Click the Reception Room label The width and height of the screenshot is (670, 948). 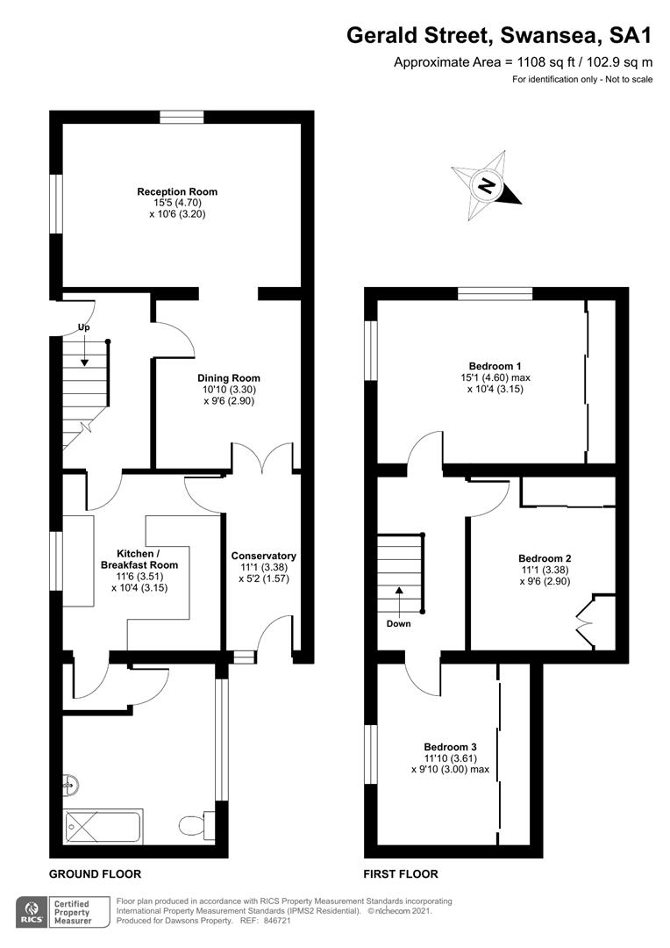pyautogui.click(x=177, y=191)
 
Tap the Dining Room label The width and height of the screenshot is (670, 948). pyautogui.click(x=228, y=378)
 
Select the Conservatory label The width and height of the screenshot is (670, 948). pyautogui.click(x=263, y=556)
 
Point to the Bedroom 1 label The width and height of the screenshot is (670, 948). pyautogui.click(x=495, y=366)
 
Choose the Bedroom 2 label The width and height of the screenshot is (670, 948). pyautogui.click(x=545, y=558)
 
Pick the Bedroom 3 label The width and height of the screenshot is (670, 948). pyautogui.click(x=450, y=747)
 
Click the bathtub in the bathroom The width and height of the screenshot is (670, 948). pyautogui.click(x=103, y=826)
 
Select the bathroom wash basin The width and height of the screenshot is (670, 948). pyautogui.click(x=70, y=784)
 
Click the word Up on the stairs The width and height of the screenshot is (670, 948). pyautogui.click(x=84, y=327)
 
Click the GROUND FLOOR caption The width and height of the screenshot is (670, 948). pyautogui.click(x=95, y=874)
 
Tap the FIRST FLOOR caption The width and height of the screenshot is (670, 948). pyautogui.click(x=401, y=874)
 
